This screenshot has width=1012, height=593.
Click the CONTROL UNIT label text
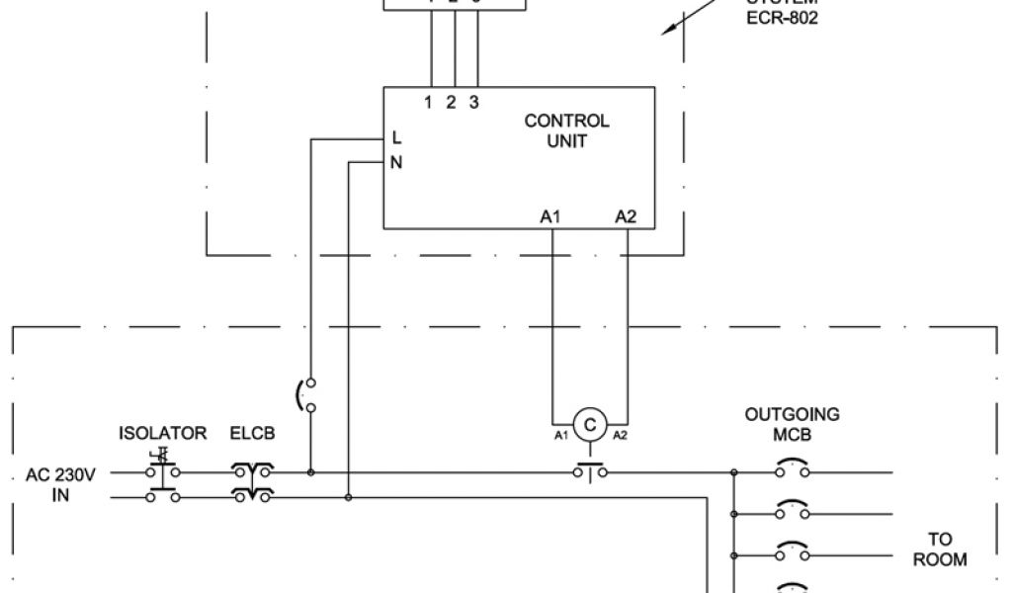566,130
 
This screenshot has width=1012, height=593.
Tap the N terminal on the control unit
396,163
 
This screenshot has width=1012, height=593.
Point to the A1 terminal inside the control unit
550,216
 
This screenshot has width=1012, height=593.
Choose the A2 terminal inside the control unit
626,216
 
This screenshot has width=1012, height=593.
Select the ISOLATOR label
163,433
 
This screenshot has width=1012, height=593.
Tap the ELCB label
253,433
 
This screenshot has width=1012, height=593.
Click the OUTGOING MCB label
792,424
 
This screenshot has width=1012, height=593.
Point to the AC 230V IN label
61,485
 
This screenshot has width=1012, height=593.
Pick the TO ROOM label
939,550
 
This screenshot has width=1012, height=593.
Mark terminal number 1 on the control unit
429,102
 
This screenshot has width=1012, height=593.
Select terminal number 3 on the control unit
474,102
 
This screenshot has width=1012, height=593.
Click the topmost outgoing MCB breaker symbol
792,468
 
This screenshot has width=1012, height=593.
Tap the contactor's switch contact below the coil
590,471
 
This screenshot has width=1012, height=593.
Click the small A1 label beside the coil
560,435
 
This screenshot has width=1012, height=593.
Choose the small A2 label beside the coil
620,435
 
